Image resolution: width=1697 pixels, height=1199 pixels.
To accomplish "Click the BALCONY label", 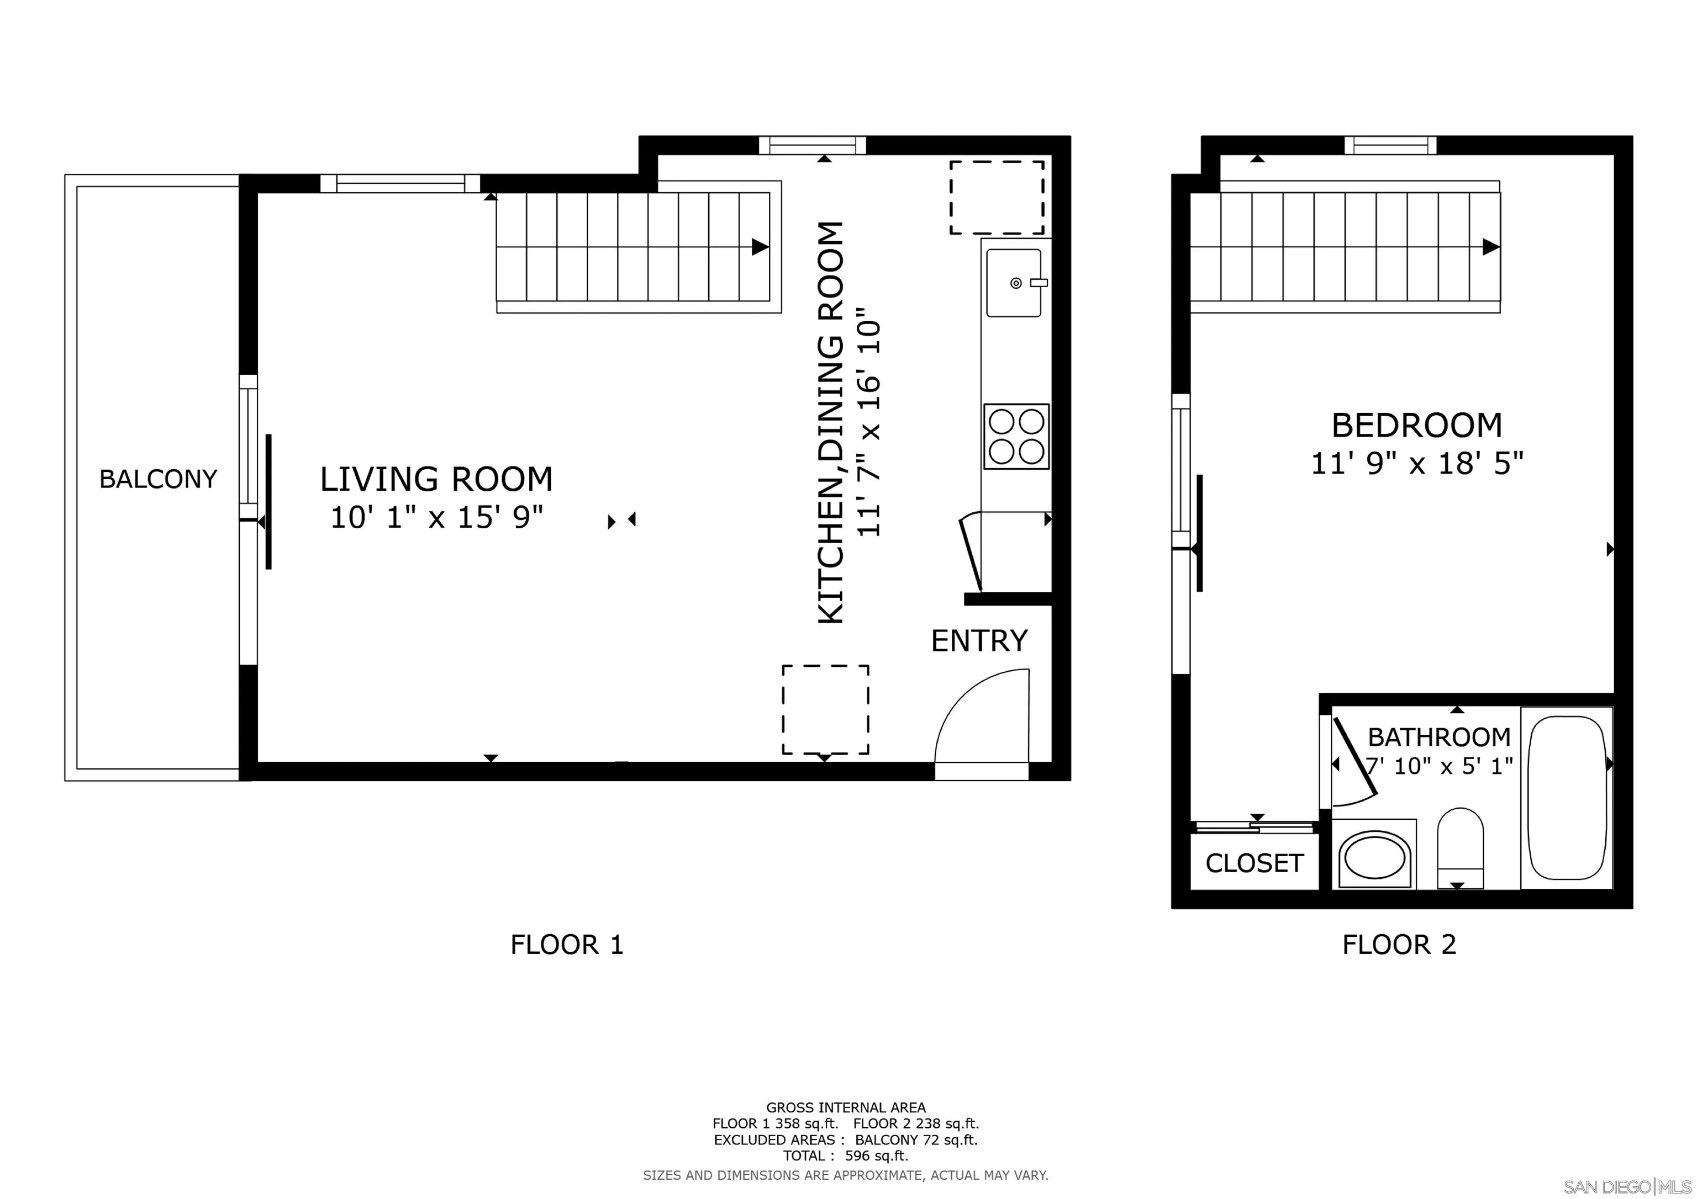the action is click(158, 480).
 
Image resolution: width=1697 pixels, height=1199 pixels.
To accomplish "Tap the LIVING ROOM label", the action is click(436, 480).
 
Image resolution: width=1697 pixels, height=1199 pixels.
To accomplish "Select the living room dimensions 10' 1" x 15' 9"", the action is click(436, 517).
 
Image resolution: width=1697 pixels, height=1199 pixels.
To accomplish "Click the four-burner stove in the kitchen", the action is click(1016, 436).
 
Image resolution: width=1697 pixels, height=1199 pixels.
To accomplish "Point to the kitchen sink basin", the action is click(1014, 283).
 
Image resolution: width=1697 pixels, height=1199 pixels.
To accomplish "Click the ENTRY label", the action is click(979, 640).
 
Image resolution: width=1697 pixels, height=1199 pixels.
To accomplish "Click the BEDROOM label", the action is click(1417, 426).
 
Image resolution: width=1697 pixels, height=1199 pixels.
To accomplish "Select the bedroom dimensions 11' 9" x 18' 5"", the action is click(1417, 464).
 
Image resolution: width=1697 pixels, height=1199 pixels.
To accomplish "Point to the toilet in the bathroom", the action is click(1461, 848).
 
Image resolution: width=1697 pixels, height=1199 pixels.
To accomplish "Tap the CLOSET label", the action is click(1255, 863).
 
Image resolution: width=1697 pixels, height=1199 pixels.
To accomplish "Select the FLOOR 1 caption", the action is click(567, 945).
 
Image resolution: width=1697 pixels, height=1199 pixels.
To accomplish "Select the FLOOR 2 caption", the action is click(1399, 945).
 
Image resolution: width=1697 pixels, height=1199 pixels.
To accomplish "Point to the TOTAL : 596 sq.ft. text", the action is click(846, 1155).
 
